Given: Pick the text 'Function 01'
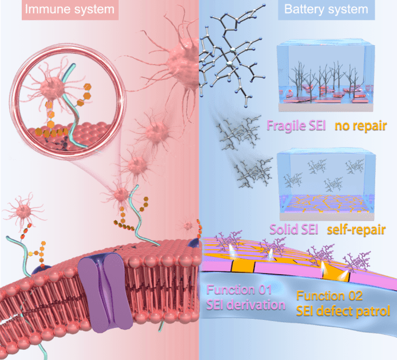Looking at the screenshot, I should click(x=239, y=289).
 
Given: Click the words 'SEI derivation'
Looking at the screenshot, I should click(x=247, y=304).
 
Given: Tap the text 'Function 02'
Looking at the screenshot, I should click(x=329, y=296).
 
